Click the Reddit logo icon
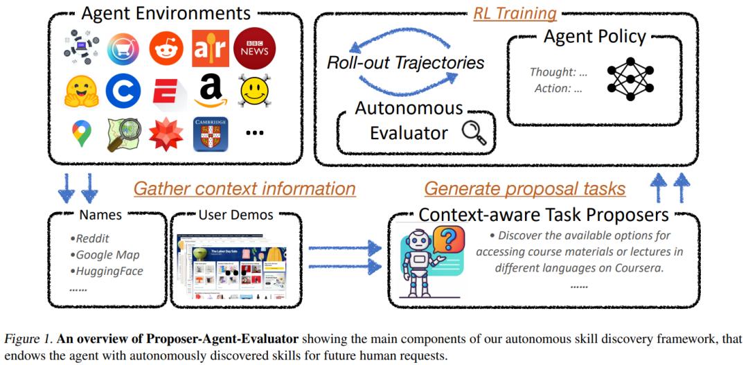pos(166,48)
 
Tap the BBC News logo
pos(254,48)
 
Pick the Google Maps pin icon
pos(82,133)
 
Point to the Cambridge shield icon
pos(211,134)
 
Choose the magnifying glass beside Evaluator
pos(474,133)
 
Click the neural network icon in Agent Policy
pos(630,79)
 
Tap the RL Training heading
pos(515,14)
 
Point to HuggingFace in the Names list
pos(109,271)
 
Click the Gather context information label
pos(244,188)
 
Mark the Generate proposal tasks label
pos(525,188)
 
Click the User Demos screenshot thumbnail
pos(220,266)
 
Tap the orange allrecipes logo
pos(211,48)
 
